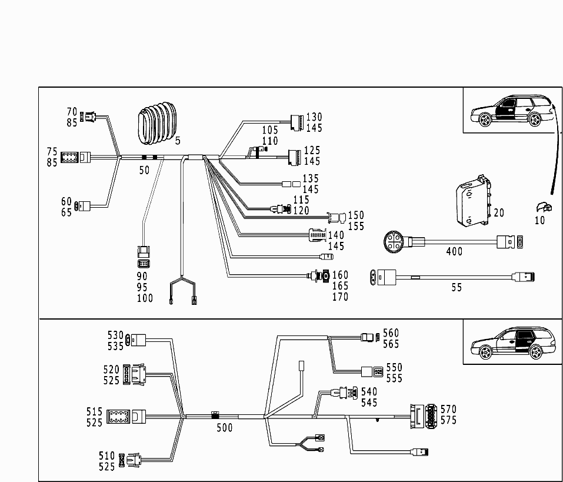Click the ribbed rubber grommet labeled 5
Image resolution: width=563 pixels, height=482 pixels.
(157, 123)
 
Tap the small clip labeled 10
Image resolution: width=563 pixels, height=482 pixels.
(544, 208)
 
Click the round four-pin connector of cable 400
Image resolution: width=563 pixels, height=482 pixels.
(394, 242)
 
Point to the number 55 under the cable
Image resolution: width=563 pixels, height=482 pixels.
(457, 287)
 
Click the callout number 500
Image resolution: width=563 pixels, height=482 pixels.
(224, 428)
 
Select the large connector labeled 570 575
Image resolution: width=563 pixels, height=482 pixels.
(424, 416)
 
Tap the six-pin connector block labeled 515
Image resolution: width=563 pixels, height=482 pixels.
(118, 417)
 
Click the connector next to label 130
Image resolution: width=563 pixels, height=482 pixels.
(297, 122)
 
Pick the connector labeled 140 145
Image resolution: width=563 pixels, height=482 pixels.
(318, 235)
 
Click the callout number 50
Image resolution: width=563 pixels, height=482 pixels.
(144, 170)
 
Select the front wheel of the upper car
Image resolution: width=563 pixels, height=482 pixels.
(485, 119)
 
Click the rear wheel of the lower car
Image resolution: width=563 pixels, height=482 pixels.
(535, 351)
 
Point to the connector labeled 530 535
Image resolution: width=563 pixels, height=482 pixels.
(136, 340)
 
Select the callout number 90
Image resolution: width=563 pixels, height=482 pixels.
(142, 276)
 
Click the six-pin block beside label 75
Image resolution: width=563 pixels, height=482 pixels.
(69, 157)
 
